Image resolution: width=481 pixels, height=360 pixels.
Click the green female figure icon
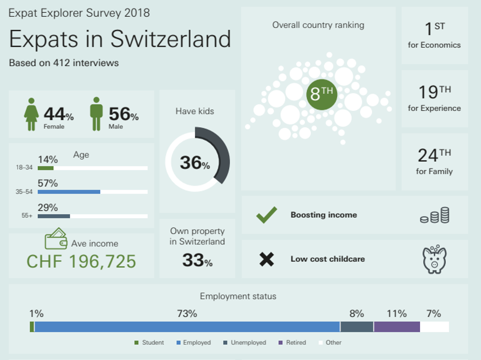31,114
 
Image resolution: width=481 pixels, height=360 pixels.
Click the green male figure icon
96,114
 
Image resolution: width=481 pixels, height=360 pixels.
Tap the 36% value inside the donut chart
194,163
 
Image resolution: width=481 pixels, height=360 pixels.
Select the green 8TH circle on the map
321,93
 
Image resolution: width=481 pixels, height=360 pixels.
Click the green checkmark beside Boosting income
267,215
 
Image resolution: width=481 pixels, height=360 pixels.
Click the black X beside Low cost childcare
267,259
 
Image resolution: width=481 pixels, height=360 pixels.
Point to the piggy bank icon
434,259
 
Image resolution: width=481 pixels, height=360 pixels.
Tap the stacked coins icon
435,215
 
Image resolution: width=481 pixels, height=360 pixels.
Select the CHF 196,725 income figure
81,261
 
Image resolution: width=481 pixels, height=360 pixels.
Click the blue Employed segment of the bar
187,327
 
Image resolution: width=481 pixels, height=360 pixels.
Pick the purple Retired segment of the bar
397,327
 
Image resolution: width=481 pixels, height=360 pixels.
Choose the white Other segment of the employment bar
434,327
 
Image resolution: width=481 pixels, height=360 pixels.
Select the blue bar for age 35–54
69,192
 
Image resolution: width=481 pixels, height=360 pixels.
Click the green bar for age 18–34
46,168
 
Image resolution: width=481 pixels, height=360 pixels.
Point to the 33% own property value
197,261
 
